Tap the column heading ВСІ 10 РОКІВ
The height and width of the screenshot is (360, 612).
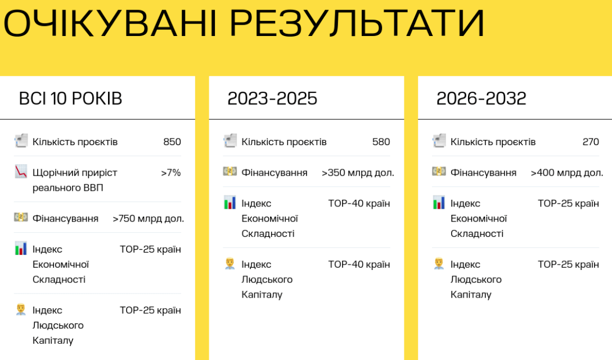tap(70, 98)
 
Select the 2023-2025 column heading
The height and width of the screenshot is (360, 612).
tap(272, 98)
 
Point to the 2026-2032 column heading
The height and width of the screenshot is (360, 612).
tap(481, 98)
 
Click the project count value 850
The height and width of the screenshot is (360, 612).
tap(172, 142)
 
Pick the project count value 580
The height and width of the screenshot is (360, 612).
tap(381, 142)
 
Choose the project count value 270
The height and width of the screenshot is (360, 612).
tap(591, 142)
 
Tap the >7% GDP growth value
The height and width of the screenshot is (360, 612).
tap(171, 173)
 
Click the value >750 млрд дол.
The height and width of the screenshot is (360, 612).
tap(148, 219)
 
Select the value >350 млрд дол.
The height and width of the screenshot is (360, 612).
tap(358, 173)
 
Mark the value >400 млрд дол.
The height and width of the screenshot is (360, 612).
tap(567, 173)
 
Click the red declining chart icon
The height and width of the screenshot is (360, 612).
tap(21, 172)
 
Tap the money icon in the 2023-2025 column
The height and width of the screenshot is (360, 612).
tap(230, 172)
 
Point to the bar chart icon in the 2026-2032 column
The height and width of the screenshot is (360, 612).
tap(439, 202)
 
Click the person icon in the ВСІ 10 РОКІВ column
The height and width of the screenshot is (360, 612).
tap(21, 309)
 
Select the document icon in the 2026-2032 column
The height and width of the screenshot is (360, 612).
tap(439, 141)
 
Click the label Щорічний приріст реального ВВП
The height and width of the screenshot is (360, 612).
tap(75, 180)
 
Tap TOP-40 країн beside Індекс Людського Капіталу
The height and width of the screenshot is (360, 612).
tap(359, 264)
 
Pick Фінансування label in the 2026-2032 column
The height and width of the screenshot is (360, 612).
tap(483, 173)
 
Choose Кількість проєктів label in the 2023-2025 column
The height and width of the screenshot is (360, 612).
tap(283, 142)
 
